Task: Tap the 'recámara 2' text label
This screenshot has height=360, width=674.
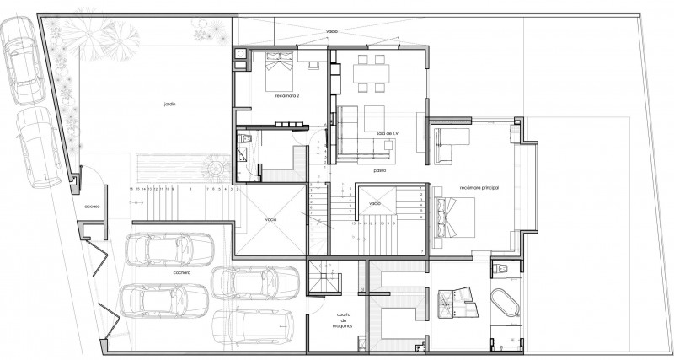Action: (x=286, y=96)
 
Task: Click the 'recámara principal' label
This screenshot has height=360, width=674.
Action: (x=480, y=187)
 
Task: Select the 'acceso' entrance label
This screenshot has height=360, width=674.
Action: (x=92, y=207)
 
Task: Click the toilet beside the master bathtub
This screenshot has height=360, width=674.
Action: (x=501, y=269)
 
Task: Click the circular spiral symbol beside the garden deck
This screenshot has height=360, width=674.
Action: (x=217, y=169)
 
